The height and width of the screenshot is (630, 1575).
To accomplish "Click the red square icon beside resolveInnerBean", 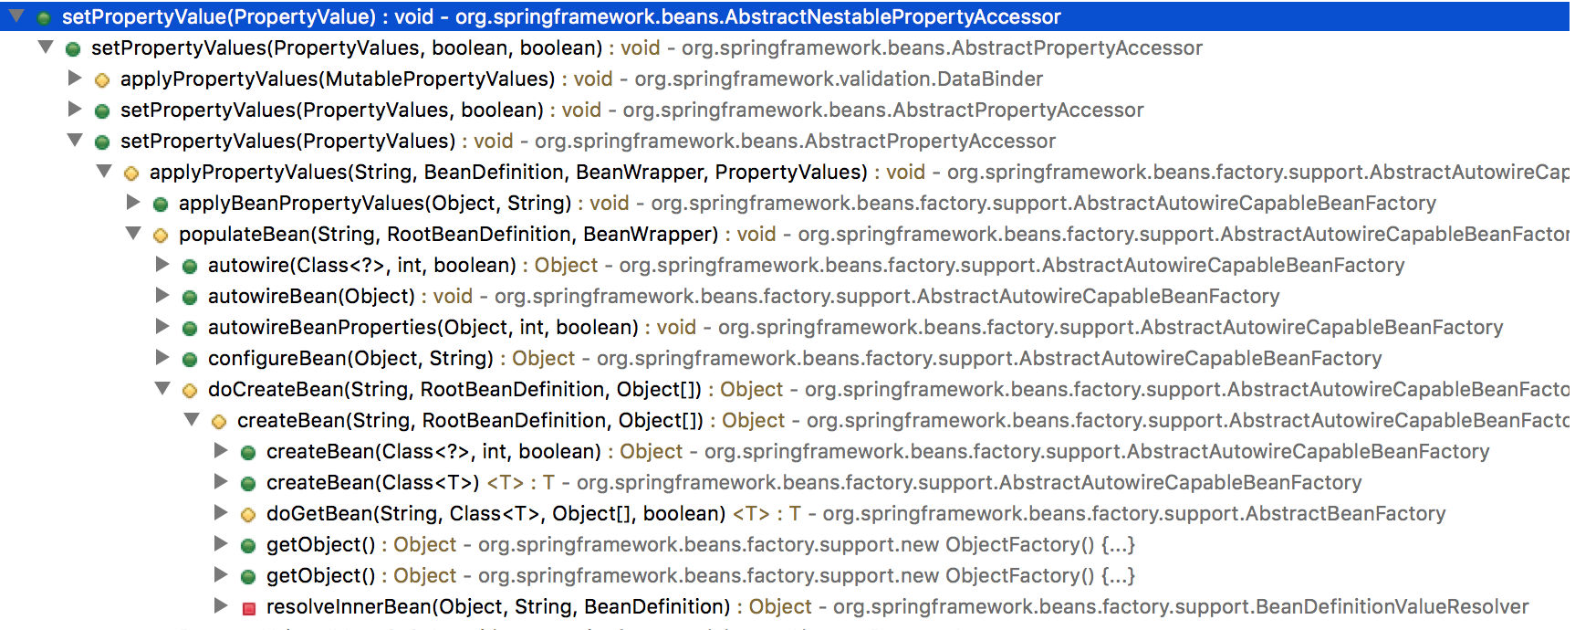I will click(248, 608).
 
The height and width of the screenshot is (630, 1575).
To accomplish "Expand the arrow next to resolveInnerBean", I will click(220, 605).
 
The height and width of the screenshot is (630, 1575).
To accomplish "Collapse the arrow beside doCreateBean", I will click(162, 389).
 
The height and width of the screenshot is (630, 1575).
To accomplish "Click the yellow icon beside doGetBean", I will click(248, 515).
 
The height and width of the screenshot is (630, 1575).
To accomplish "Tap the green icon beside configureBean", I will click(190, 360).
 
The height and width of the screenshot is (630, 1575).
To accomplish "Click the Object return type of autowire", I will click(566, 266).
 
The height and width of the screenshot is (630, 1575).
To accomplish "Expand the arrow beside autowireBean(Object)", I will click(162, 296).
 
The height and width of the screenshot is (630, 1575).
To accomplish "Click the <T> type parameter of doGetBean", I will click(751, 514).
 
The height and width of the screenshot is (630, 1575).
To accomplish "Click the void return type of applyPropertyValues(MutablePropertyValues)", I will click(592, 79).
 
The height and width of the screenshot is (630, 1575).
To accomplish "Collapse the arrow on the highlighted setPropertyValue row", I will click(16, 16).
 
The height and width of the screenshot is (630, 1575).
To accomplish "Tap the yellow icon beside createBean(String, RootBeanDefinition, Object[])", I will click(219, 422).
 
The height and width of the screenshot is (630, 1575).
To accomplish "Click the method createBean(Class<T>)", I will click(372, 483).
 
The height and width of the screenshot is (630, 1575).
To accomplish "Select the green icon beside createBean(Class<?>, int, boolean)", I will click(248, 453).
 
